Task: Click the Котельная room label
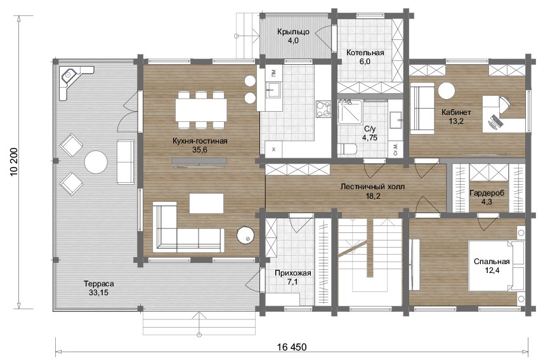(365, 53)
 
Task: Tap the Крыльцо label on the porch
(293, 32)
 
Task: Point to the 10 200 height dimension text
(14, 161)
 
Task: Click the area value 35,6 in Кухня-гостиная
(200, 150)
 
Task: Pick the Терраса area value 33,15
(99, 293)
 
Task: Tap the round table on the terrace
(96, 162)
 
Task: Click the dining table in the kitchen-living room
(201, 110)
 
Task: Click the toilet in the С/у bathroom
(347, 149)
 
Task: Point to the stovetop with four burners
(324, 109)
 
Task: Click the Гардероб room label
(487, 193)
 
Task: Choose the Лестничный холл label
(372, 187)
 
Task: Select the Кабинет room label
(456, 112)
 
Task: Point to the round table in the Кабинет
(446, 91)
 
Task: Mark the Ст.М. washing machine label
(395, 149)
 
